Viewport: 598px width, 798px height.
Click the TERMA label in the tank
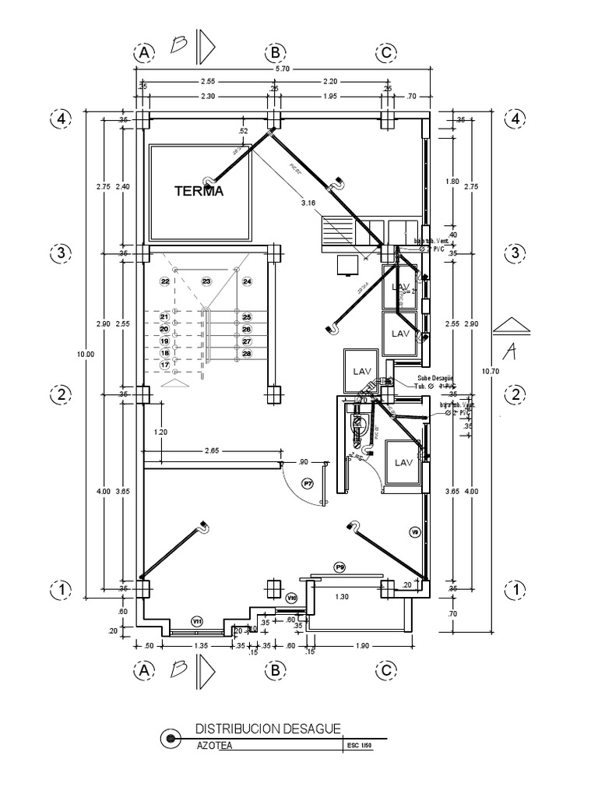(199, 191)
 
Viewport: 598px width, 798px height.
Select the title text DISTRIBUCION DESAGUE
(267, 729)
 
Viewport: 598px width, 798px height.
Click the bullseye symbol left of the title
(167, 737)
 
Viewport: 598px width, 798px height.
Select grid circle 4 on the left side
(60, 118)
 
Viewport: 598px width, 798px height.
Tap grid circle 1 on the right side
(515, 590)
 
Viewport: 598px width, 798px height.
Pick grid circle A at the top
(143, 53)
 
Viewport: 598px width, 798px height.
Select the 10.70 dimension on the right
(491, 372)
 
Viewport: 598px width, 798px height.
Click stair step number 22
(164, 281)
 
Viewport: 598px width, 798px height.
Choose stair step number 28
(247, 354)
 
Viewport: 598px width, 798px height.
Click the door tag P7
(308, 484)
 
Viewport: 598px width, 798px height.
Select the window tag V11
(197, 621)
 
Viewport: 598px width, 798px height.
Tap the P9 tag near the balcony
(339, 567)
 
